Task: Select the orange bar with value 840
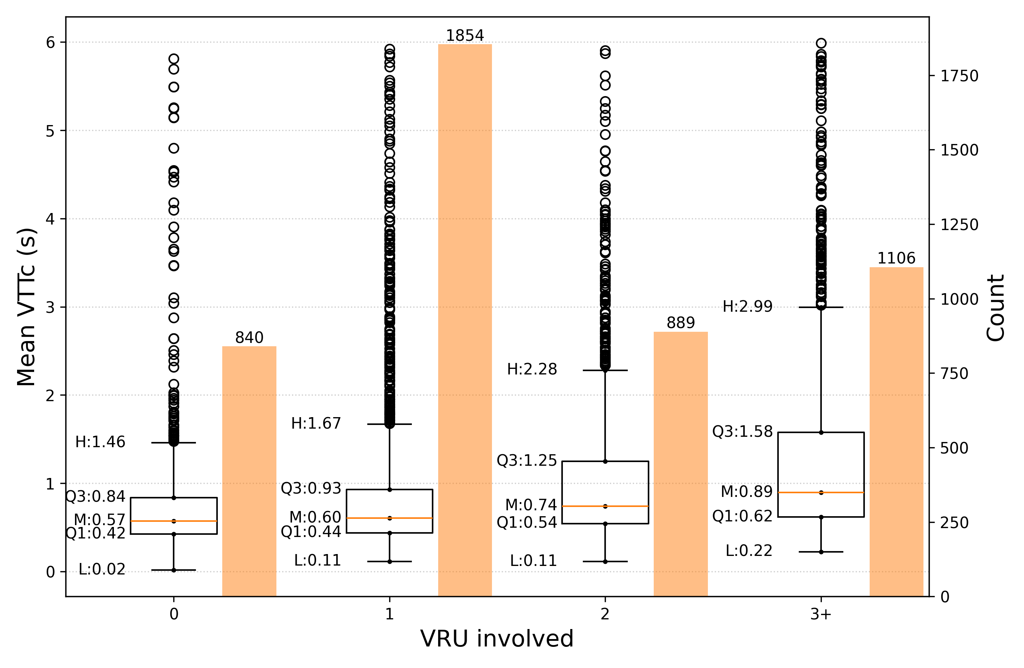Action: [x=249, y=471]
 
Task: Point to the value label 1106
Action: [x=896, y=258]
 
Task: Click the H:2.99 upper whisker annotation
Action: [x=747, y=307]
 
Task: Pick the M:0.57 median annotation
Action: [x=99, y=520]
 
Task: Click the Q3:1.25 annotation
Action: [x=526, y=461]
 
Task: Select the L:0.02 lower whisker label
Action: [x=102, y=569]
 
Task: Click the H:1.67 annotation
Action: [x=316, y=423]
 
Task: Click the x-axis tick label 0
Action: [x=174, y=614]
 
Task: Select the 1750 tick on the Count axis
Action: [x=959, y=76]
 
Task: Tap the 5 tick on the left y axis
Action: [x=50, y=131]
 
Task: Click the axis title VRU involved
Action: [x=497, y=639]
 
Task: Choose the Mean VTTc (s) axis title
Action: [x=27, y=307]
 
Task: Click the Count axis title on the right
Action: [x=995, y=308]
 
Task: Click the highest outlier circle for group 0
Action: [x=174, y=59]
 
